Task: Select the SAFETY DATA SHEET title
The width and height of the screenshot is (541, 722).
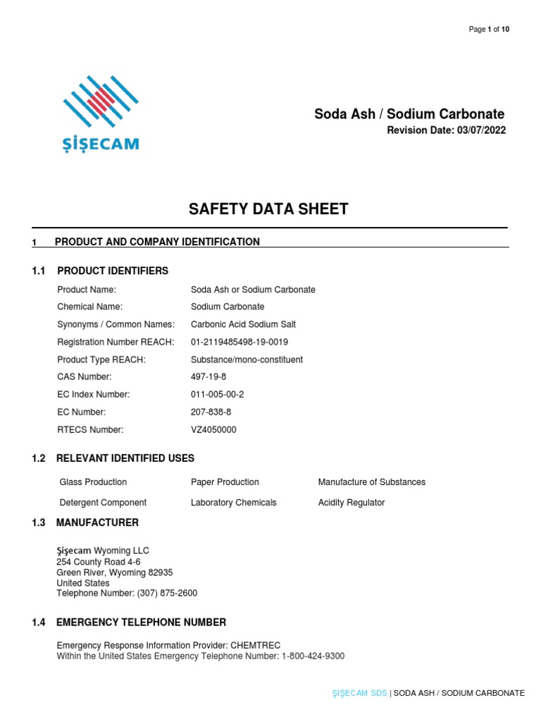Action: click(268, 209)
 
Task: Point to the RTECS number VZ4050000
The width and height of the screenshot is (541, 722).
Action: click(214, 429)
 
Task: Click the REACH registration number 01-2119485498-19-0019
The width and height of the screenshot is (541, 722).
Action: click(240, 342)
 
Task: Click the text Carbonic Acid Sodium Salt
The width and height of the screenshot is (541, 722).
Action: click(243, 324)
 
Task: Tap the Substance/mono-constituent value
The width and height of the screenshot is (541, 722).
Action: click(247, 360)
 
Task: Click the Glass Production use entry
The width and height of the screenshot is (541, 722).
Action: click(93, 482)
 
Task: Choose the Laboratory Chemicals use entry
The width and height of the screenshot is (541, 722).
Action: click(233, 503)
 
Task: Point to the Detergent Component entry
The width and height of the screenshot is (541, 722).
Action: click(103, 503)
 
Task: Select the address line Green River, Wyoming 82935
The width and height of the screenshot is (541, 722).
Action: click(114, 573)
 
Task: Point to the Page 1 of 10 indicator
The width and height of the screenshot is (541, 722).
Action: click(489, 29)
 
